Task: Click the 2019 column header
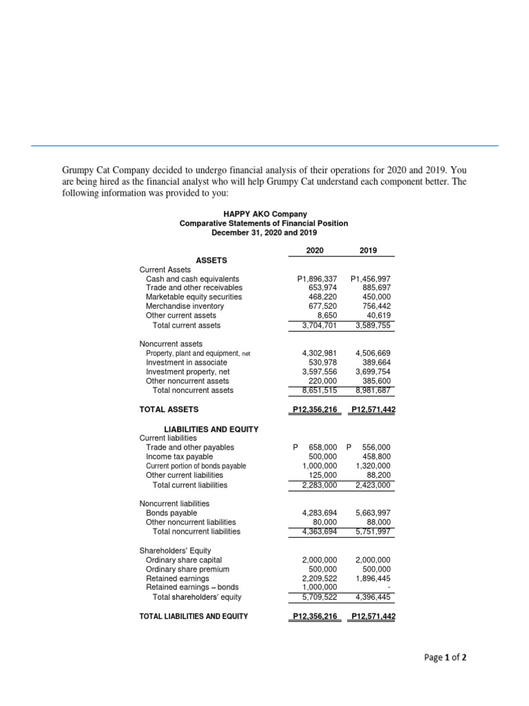coord(369,250)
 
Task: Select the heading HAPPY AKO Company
coord(264,214)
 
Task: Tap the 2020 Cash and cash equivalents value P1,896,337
coord(316,279)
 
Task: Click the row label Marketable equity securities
coord(194,297)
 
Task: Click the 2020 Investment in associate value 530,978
coord(321,363)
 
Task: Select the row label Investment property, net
coord(187,372)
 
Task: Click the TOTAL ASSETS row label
coord(169,410)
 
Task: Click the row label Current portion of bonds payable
coord(196,466)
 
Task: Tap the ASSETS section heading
coord(212,260)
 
